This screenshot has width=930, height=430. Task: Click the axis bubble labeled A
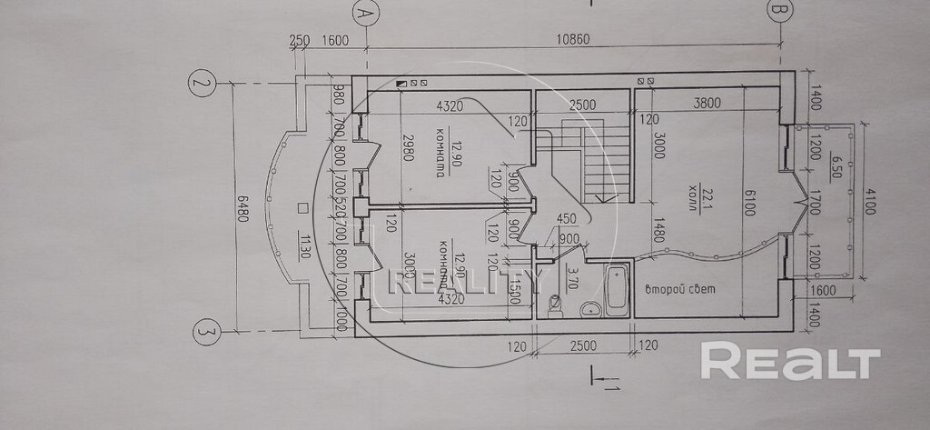pyautogui.click(x=364, y=15)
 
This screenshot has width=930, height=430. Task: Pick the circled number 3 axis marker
pyautogui.click(x=203, y=335)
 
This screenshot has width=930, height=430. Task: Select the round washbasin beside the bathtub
pyautogui.click(x=590, y=307)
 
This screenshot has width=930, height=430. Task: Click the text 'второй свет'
pyautogui.click(x=679, y=291)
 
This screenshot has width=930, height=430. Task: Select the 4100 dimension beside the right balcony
pyautogui.click(x=869, y=200)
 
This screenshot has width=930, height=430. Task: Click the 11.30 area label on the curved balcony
pyautogui.click(x=303, y=244)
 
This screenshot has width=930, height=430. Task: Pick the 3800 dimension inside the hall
pyautogui.click(x=706, y=103)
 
